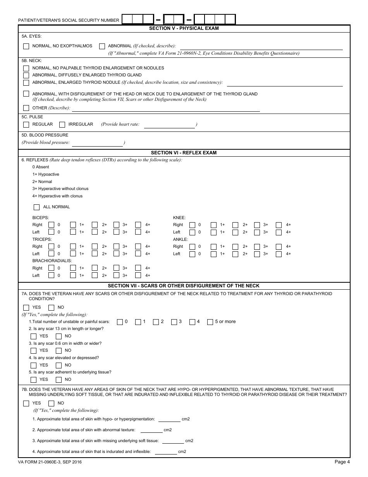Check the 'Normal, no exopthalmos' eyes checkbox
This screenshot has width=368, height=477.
26,46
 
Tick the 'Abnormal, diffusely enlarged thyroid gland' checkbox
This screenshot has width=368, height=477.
26,75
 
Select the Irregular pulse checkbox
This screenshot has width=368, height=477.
62,124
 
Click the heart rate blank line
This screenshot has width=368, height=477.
169,125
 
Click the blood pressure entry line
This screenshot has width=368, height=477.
97,143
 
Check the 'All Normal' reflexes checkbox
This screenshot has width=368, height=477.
37,207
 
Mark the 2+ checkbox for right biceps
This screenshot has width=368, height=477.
95,225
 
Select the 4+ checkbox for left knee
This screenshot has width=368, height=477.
279,232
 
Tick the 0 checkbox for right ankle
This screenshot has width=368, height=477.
192,247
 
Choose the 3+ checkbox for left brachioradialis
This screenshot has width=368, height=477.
116,276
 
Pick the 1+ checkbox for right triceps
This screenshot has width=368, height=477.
73,247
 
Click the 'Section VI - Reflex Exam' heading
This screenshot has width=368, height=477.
184,153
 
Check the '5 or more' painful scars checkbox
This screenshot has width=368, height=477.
210,322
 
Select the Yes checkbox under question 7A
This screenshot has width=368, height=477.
26,308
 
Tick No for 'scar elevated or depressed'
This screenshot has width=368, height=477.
59,365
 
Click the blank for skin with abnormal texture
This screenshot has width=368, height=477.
151,430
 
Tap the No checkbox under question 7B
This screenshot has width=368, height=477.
51,403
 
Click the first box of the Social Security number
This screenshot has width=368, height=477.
127,19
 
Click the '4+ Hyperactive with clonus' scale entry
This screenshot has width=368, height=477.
57,196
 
